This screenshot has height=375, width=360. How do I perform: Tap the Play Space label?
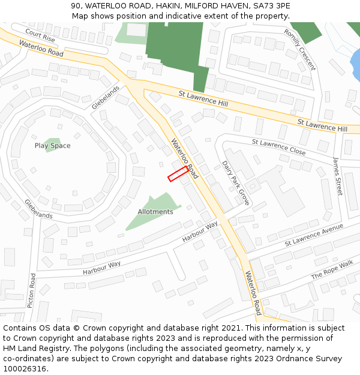(52, 146)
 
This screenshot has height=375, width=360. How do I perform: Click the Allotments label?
(155, 212)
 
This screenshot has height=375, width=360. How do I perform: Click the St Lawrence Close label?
(278, 147)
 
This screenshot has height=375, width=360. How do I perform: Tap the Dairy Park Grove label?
(235, 182)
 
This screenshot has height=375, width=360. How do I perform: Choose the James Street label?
(338, 175)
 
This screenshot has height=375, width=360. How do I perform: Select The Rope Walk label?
(332, 269)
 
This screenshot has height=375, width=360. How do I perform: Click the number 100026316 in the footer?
(26, 368)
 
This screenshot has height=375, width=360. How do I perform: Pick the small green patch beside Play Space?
(54, 145)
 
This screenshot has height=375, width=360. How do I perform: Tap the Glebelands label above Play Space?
(106, 97)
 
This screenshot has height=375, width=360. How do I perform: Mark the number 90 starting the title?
(76, 5)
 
